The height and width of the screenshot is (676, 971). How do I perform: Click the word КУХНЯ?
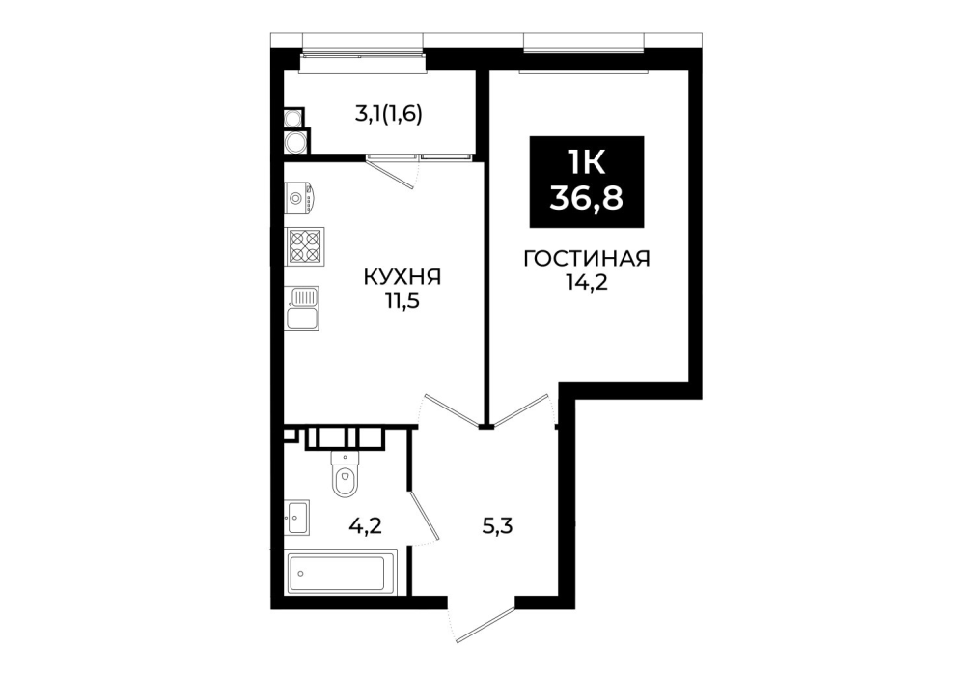tap(402, 277)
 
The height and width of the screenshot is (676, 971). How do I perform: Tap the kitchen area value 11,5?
tap(402, 301)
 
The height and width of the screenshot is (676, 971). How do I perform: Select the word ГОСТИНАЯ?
tap(587, 259)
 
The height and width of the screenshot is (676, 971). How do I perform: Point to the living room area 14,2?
tap(587, 283)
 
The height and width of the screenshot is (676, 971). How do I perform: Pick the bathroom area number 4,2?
tap(366, 526)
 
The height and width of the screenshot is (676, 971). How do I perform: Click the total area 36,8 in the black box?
tap(587, 198)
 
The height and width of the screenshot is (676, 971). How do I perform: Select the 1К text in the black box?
tap(587, 163)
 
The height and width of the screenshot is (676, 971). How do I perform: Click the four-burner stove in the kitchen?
tap(305, 246)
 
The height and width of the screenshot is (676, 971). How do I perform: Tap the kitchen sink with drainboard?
tap(302, 308)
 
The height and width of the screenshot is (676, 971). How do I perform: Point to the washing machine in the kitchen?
tap(300, 198)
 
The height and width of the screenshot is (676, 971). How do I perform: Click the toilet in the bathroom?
tap(345, 474)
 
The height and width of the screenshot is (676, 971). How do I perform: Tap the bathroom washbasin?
tap(297, 518)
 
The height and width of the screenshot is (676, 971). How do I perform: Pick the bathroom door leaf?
tap(424, 516)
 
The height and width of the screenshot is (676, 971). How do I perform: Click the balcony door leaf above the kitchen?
tap(390, 172)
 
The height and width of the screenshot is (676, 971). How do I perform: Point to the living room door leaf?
tap(519, 409)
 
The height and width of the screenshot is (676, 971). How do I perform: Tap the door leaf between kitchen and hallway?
tap(452, 409)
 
